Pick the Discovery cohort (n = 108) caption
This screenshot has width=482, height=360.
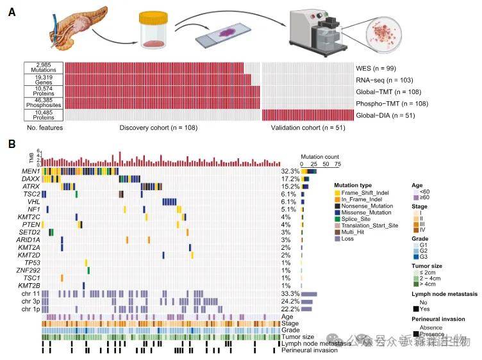pyautogui.click(x=158, y=127)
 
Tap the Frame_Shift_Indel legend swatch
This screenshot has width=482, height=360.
pyautogui.click(x=337, y=193)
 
